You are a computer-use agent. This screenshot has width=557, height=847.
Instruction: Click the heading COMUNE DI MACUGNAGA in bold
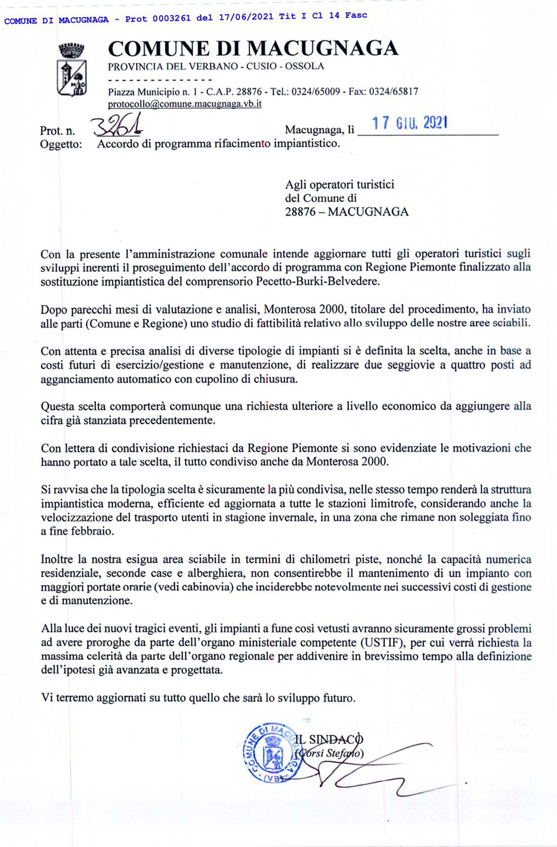pos(253,48)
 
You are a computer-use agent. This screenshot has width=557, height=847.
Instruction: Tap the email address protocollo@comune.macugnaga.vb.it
pos(185,104)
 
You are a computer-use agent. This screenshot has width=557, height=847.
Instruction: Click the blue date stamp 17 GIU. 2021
pos(410,123)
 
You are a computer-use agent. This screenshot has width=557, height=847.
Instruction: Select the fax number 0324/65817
pos(393,91)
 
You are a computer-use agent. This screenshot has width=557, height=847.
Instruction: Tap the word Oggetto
pos(61,144)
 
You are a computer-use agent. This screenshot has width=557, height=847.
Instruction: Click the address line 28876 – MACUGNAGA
pos(347,212)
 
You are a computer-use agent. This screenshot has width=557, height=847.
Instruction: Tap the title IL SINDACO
pos(329,739)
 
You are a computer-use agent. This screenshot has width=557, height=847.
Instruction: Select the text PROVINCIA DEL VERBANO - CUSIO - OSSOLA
pos(216,66)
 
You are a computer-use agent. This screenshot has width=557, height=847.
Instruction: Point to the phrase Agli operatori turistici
pos(339,185)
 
